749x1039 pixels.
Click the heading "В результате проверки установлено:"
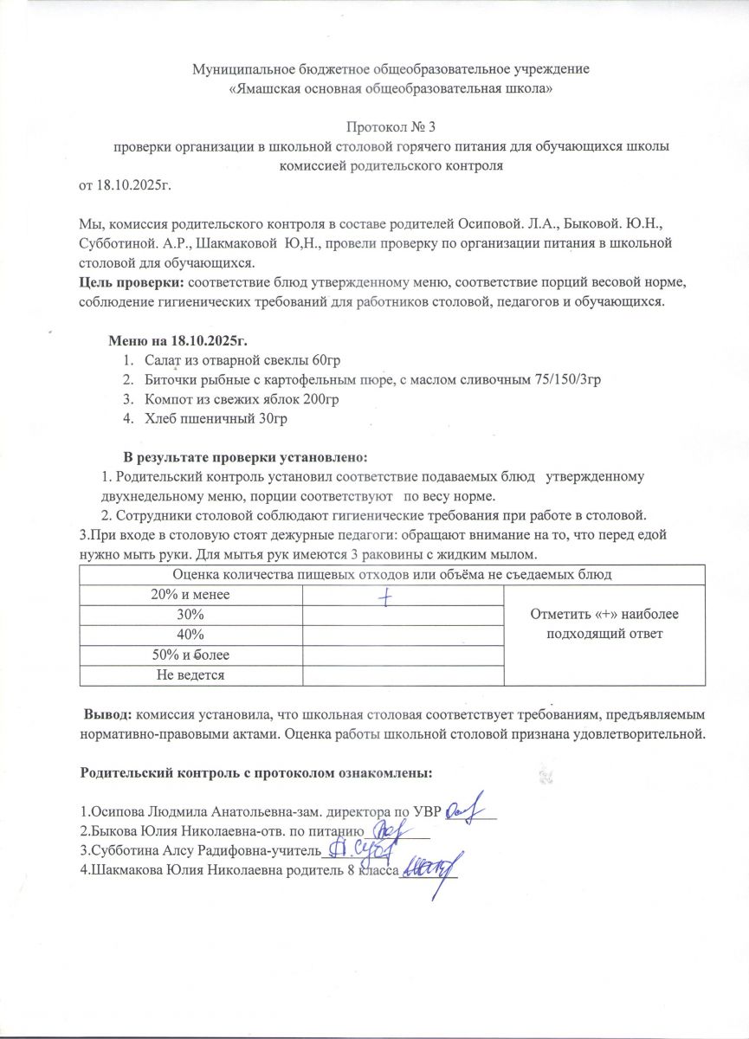coord(247,456)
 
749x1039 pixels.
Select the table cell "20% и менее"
coord(190,595)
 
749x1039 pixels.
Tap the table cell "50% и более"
coord(190,655)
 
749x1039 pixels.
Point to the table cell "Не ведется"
coord(190,674)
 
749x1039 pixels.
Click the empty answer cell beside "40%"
coord(403,635)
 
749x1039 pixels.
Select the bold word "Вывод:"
coord(107,717)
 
